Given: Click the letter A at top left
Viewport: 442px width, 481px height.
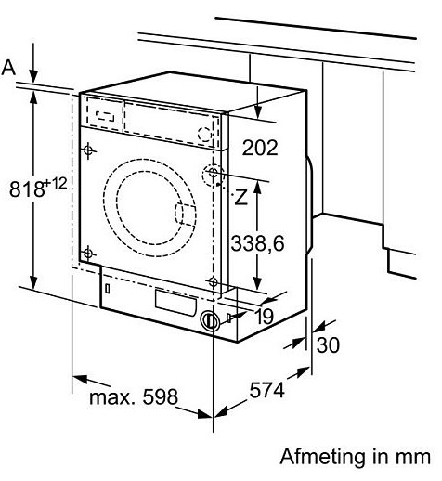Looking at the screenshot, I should coord(9,67).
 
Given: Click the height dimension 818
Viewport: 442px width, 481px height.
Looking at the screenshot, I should coord(26,189).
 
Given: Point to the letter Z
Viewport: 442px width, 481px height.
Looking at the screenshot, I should coord(240,197).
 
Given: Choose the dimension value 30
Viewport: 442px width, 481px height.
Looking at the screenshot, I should coord(328,344).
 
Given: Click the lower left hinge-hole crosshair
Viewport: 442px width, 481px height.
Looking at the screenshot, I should coord(88,253).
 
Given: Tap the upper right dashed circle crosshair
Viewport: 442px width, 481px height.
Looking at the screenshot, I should coord(214,173).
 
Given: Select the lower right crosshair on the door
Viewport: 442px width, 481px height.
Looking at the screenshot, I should coord(214,281).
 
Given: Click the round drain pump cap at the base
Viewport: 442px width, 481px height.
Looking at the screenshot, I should coord(211,320).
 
